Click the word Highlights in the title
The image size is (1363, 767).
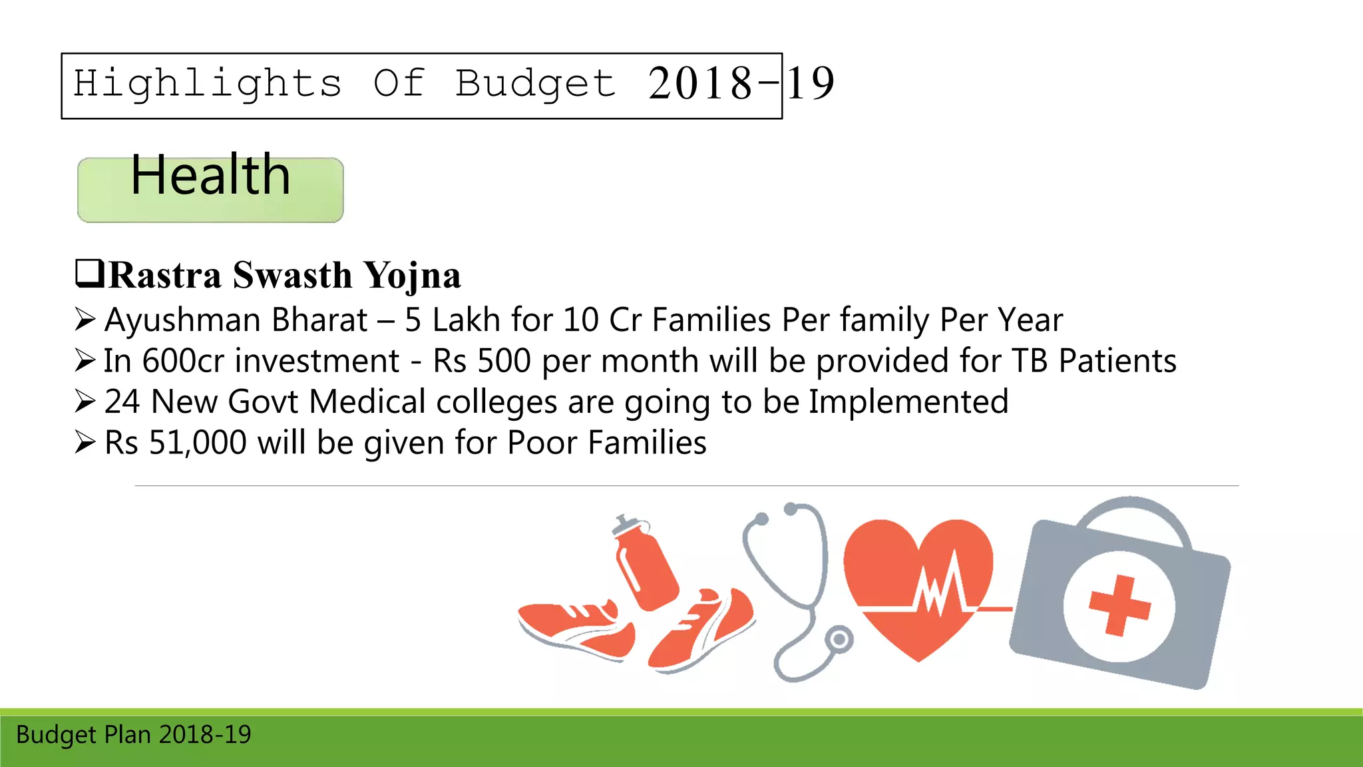point(207,85)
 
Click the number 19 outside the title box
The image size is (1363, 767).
point(811,84)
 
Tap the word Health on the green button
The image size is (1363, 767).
point(210,175)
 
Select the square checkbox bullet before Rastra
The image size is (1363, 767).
point(89,273)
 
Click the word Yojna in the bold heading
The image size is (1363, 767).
point(413,276)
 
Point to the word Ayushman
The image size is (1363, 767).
point(182,320)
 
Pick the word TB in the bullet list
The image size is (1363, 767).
point(1030,361)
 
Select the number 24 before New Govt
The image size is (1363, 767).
point(122,402)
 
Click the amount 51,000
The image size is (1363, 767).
point(198,443)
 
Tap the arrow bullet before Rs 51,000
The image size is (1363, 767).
point(85,442)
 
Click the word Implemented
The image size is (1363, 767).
point(908,402)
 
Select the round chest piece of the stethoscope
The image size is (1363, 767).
point(839,639)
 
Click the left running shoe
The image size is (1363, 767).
point(576,629)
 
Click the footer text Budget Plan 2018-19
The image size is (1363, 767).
point(134,735)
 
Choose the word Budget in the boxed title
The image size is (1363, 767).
point(535,85)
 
